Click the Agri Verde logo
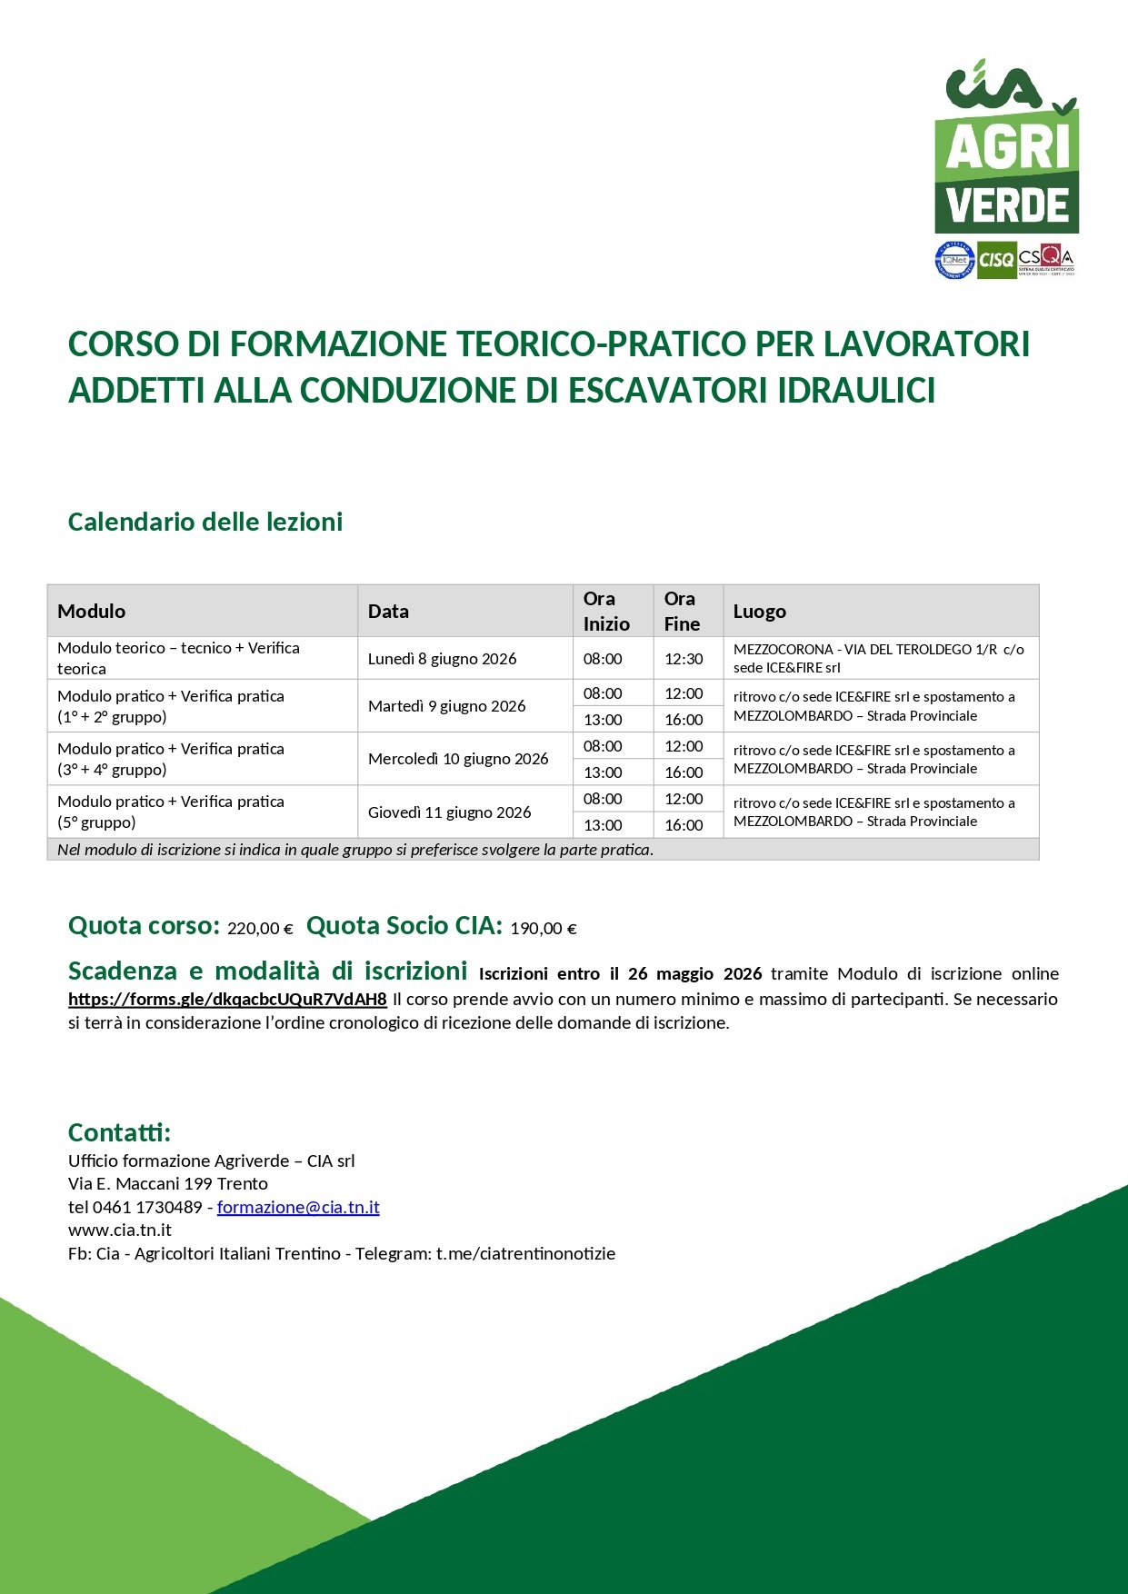pyautogui.click(x=1006, y=150)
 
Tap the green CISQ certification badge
pyautogui.click(x=996, y=260)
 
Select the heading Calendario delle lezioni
pyautogui.click(x=205, y=523)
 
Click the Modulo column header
pyautogui.click(x=92, y=612)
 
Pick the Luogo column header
pyautogui.click(x=760, y=612)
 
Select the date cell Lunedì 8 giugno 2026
pyautogui.click(x=442, y=659)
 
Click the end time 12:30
pyautogui.click(x=684, y=659)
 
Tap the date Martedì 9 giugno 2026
pyautogui.click(x=446, y=706)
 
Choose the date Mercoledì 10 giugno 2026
pyautogui.click(x=458, y=759)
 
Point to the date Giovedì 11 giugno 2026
pyautogui.click(x=449, y=812)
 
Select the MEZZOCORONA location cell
pyautogui.click(x=878, y=658)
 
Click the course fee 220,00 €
pyautogui.click(x=260, y=929)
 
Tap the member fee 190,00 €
pyautogui.click(x=544, y=929)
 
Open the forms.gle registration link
pyautogui.click(x=227, y=999)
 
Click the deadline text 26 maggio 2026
pyautogui.click(x=694, y=974)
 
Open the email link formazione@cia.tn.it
pyautogui.click(x=298, y=1208)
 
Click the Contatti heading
pyautogui.click(x=119, y=1132)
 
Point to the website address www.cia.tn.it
pyautogui.click(x=120, y=1230)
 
